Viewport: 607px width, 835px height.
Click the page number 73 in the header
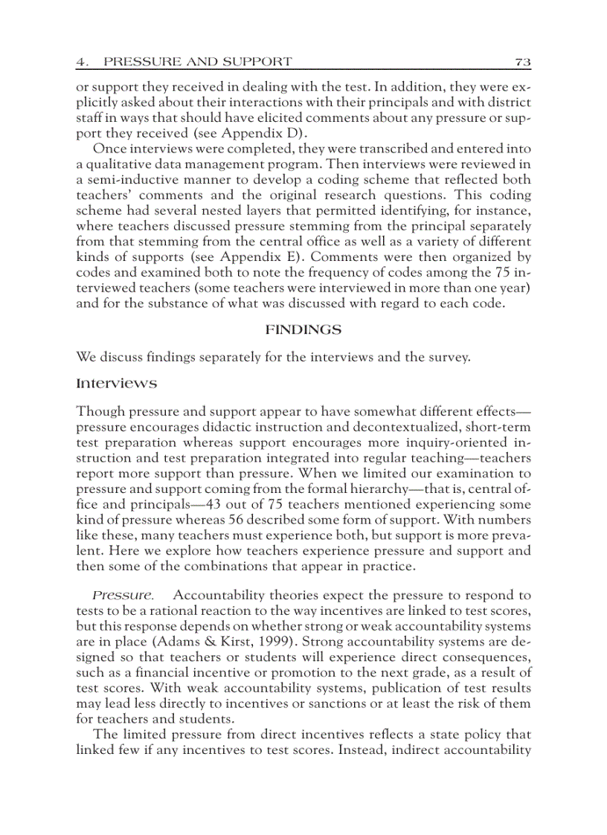pyautogui.click(x=522, y=61)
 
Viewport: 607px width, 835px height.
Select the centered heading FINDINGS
pyautogui.click(x=303, y=329)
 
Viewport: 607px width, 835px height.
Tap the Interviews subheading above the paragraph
pyautogui.click(x=117, y=384)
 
